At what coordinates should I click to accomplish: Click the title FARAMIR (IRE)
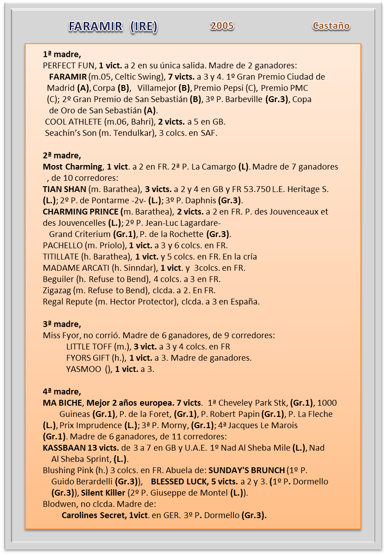[x=113, y=27]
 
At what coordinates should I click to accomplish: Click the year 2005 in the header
[x=222, y=26]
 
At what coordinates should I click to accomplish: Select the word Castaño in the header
[x=331, y=26]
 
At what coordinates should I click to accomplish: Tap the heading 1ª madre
[x=62, y=54]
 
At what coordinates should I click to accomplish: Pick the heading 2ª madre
[x=62, y=156]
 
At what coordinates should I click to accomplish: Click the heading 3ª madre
[x=62, y=324]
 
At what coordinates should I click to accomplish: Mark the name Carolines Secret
[x=94, y=515]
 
